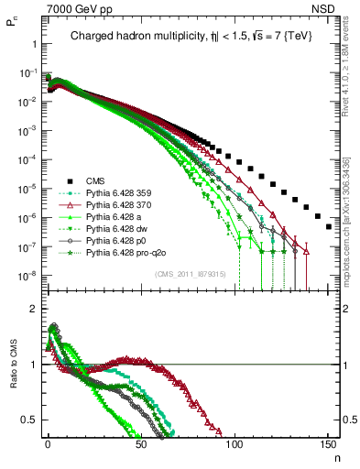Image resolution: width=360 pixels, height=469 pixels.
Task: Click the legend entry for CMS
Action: coord(95,181)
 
